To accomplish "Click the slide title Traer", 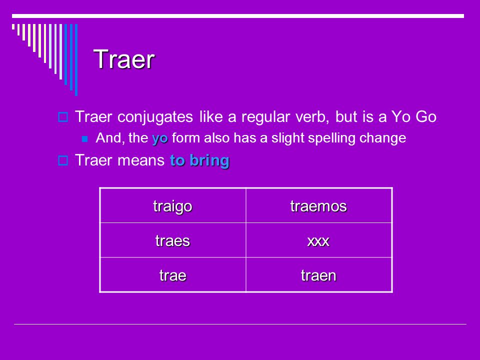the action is (x=124, y=59).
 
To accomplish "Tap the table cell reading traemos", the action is (x=318, y=206).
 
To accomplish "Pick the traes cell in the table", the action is (x=172, y=240).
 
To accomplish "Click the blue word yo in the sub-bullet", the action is (x=160, y=138).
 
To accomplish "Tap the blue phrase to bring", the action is (x=199, y=160).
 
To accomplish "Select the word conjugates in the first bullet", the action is (x=155, y=117).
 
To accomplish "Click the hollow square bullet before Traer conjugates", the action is (x=63, y=117).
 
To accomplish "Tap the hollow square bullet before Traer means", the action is (x=63, y=160).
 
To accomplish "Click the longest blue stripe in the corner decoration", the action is (x=76, y=59).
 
